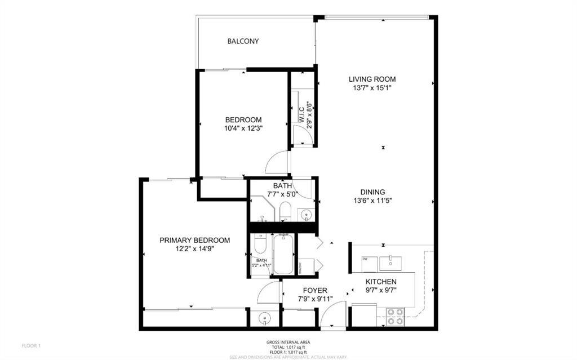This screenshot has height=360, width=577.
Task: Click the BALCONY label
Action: (243, 41)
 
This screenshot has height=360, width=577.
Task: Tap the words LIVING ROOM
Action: (372, 79)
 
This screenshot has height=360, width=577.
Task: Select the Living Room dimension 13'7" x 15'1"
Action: (372, 88)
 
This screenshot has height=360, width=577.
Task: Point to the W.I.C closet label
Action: (302, 113)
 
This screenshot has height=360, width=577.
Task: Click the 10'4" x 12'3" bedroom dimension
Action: (243, 128)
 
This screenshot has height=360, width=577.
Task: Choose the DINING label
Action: (372, 192)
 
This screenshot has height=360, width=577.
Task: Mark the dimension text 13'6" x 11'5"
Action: (372, 200)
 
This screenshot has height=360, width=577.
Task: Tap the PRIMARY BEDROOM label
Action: (194, 240)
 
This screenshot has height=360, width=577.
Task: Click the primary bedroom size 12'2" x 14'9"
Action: (194, 248)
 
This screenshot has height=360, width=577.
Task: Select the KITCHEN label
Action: (381, 282)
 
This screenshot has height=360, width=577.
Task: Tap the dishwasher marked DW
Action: (366, 259)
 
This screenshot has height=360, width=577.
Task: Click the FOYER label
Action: (316, 291)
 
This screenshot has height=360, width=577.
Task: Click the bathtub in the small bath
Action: (283, 255)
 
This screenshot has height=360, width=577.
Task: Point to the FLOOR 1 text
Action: (31, 345)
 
